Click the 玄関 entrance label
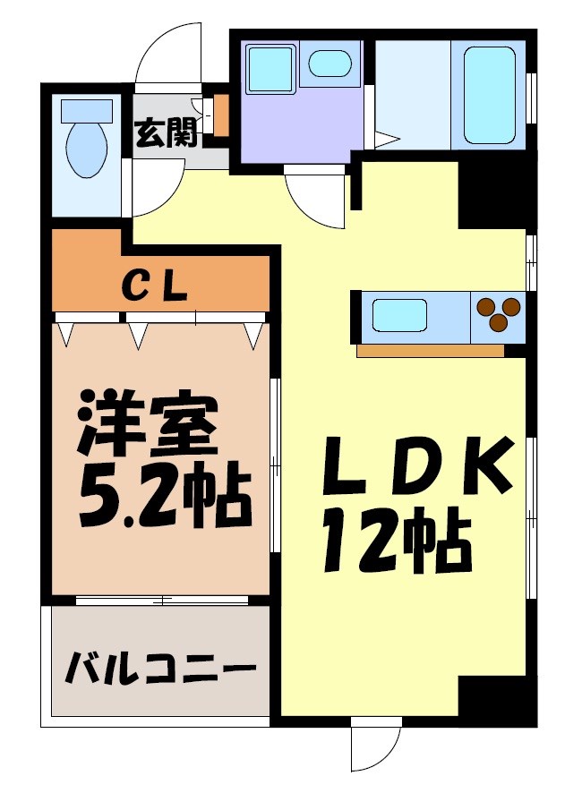click(166, 133)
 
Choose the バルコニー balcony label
click(159, 668)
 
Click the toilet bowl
click(86, 149)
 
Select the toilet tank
click(86, 111)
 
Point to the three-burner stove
click(499, 315)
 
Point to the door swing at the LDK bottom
click(375, 748)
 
